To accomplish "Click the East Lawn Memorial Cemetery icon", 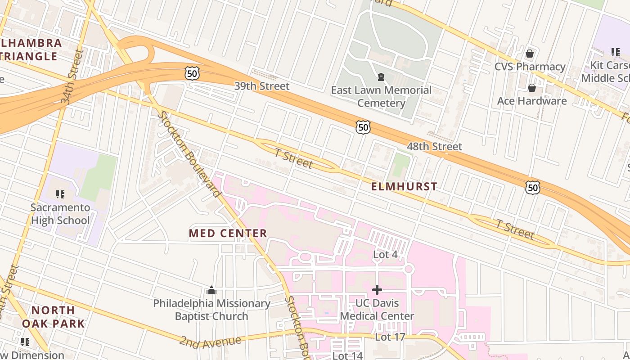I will [x=381, y=77].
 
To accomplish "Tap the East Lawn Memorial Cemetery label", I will [x=381, y=97].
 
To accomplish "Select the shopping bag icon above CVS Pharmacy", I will [x=530, y=54].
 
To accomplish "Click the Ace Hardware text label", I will [x=531, y=101].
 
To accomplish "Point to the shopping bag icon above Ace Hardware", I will [x=531, y=88].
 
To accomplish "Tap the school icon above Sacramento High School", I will [x=60, y=194].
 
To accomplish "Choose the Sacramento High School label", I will [x=60, y=214].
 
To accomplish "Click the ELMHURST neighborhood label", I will [x=404, y=187].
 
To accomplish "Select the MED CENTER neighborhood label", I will [x=228, y=234].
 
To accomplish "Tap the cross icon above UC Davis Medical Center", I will [x=377, y=290].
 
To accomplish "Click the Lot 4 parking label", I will [x=385, y=255].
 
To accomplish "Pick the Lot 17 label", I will [x=390, y=337].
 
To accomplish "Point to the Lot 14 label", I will [x=347, y=356].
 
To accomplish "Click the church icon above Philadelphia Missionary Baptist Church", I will [x=211, y=291].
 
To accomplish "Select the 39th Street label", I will [x=261, y=86].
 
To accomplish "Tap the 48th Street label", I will [x=434, y=147].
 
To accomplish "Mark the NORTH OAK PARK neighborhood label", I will [x=54, y=317].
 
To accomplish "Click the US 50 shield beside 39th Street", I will [x=192, y=73].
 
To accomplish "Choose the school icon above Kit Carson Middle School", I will [x=615, y=52].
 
